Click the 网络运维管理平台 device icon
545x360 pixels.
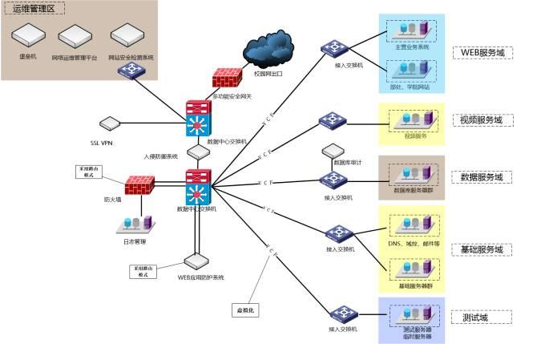[78, 35]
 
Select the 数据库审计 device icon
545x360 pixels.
[333, 150]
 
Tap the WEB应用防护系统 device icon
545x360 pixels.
[196, 261]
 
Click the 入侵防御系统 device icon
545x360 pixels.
[197, 151]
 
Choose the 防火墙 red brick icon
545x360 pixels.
[139, 184]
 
